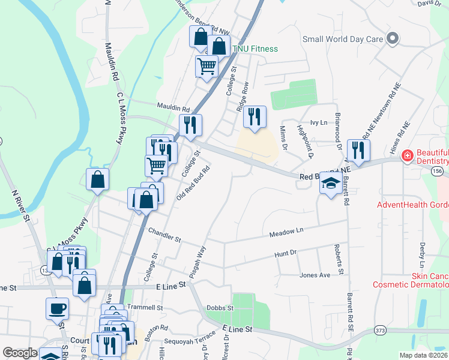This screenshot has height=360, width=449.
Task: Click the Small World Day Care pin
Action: pos(393,38)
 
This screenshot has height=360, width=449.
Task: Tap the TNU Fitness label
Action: pos(256,49)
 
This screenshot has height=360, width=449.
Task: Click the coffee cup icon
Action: pos(57,308)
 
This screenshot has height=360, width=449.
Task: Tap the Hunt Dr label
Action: pos(285,254)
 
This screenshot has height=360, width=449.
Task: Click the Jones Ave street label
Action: pos(315,275)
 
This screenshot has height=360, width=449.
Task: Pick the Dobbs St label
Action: pos(219,308)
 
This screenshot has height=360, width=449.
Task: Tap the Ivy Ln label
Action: pos(318,122)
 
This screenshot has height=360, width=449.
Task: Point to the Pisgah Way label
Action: pos(199,262)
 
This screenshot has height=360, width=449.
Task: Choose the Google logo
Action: pos(20,353)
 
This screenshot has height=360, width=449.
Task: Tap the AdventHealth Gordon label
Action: pos(412,205)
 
